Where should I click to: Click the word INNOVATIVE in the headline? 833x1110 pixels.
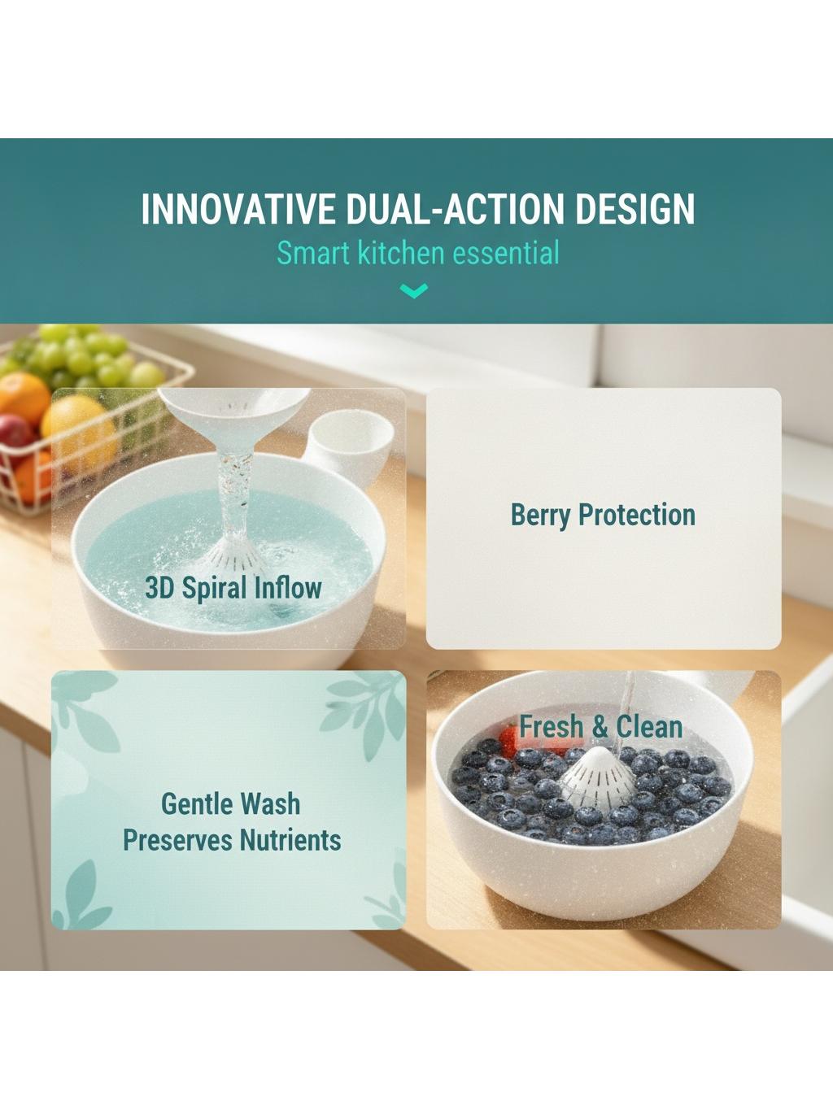click(238, 208)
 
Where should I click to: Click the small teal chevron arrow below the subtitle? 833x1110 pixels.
click(414, 290)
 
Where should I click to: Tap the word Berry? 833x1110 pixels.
click(540, 516)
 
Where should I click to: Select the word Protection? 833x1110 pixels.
click(637, 515)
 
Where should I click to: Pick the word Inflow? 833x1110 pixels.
click(288, 588)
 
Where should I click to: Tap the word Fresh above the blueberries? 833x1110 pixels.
click(551, 727)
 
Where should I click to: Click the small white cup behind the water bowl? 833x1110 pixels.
click(348, 445)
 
